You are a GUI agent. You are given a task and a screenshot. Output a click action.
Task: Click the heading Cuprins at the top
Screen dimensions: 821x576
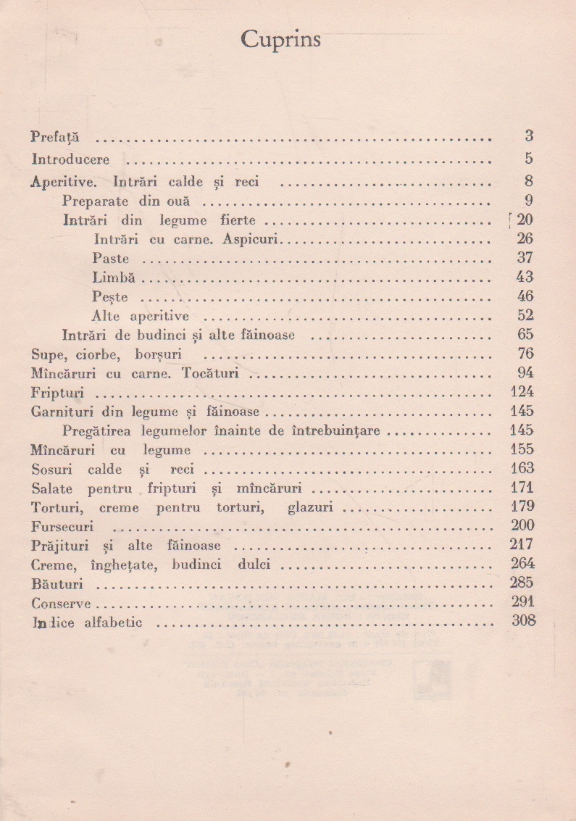pos(280,41)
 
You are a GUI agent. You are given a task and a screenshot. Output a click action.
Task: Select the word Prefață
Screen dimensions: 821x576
pos(56,136)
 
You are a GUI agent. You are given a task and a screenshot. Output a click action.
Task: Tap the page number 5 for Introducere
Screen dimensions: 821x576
pos(529,158)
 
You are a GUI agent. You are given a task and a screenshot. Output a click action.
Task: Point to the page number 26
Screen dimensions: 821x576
pos(525,238)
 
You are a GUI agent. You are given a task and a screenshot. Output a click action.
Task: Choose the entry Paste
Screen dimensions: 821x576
pos(111,258)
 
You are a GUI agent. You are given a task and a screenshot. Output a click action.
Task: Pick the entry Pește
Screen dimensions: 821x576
pos(110,296)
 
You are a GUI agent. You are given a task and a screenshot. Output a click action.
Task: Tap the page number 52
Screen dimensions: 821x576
pos(525,314)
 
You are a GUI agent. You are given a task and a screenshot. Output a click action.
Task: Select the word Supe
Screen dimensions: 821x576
pos(47,354)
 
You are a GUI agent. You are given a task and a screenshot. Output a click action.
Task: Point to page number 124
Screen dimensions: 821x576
pos(522,392)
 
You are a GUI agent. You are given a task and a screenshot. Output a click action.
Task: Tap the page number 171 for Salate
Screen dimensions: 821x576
pos(522,488)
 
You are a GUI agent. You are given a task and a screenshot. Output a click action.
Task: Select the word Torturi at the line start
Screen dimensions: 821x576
pos(55,507)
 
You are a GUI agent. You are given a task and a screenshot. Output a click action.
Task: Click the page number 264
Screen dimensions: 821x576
pos(522,564)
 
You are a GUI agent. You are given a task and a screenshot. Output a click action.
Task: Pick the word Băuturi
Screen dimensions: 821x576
pos(57,583)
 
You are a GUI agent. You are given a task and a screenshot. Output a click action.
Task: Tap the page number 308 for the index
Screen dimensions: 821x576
pos(522,620)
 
